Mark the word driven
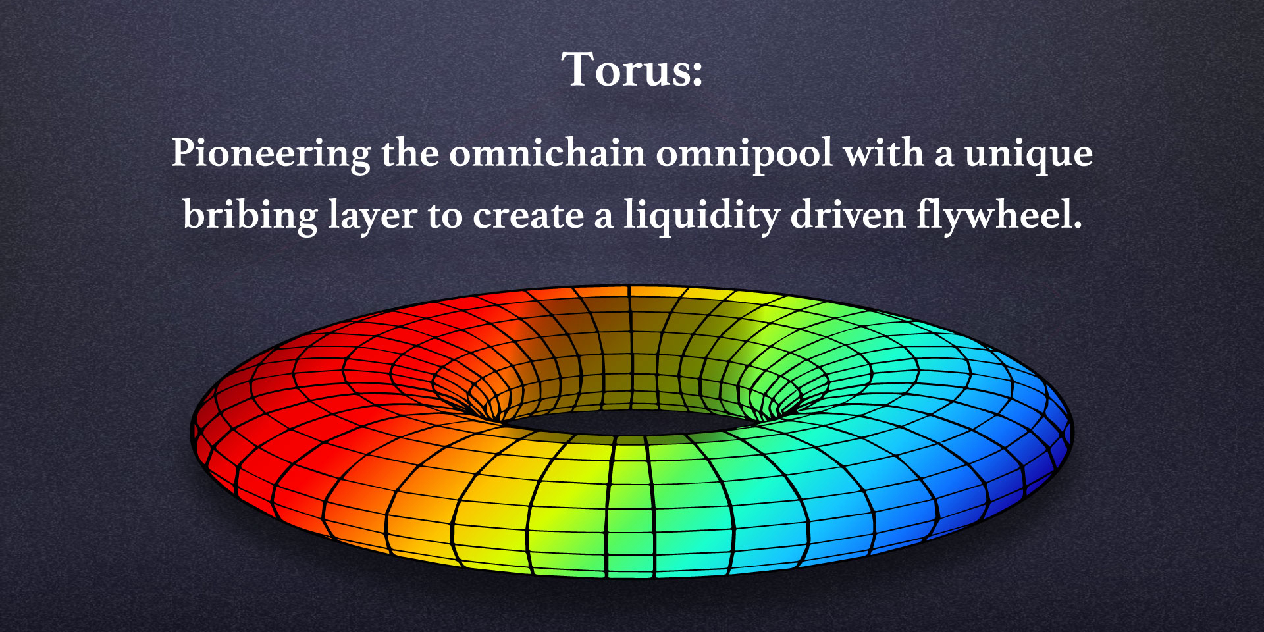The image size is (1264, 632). (848, 215)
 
